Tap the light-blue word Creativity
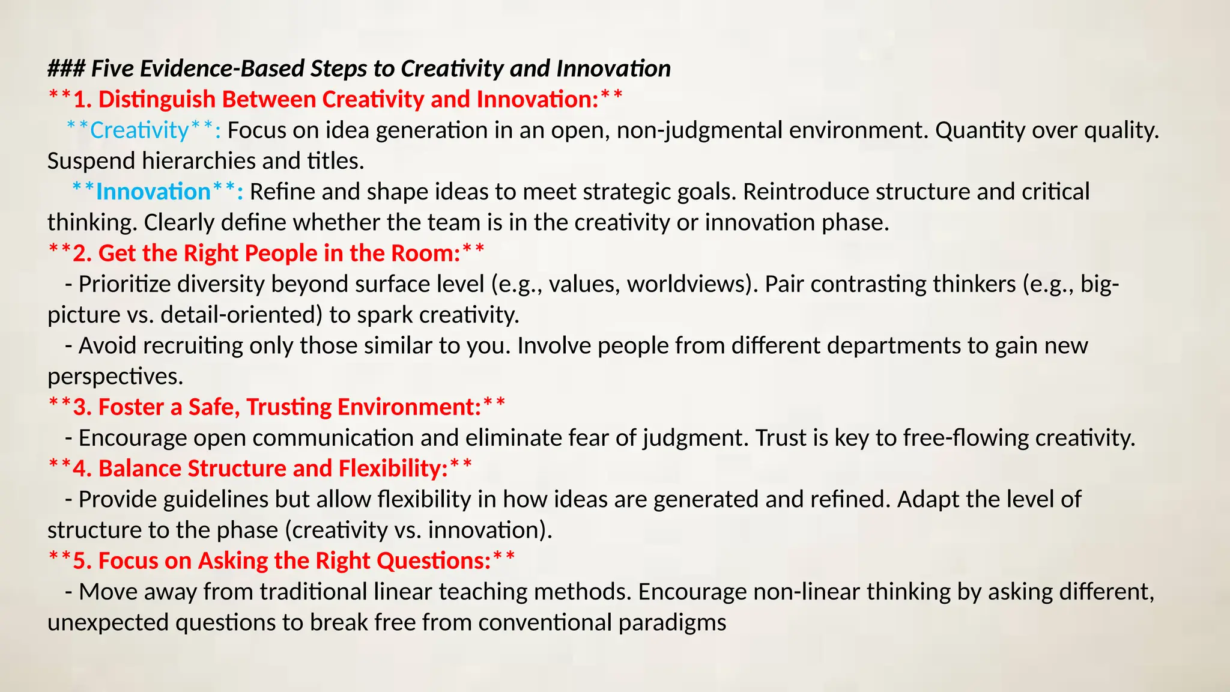pyautogui.click(x=139, y=130)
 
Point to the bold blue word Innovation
pyautogui.click(x=153, y=192)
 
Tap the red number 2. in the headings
pyautogui.click(x=82, y=253)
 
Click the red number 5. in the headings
pyautogui.click(x=82, y=561)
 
